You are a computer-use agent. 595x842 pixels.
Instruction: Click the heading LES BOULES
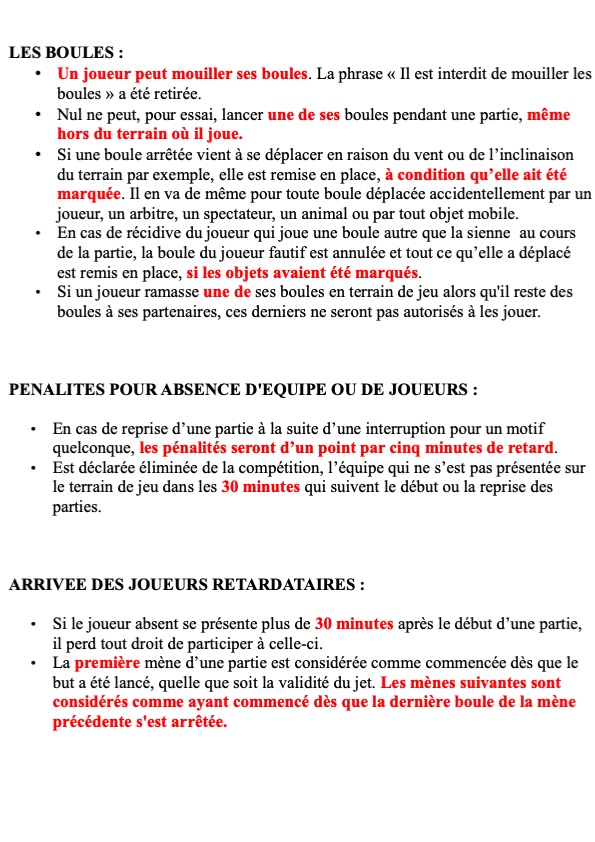[65, 52]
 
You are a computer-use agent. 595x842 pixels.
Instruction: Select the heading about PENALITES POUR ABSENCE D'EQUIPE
[242, 388]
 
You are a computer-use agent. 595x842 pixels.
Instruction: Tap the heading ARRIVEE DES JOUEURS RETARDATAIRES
[186, 584]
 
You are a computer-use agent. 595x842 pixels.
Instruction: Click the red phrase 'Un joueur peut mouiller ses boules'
[181, 73]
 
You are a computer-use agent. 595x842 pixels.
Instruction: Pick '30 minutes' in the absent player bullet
[354, 624]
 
